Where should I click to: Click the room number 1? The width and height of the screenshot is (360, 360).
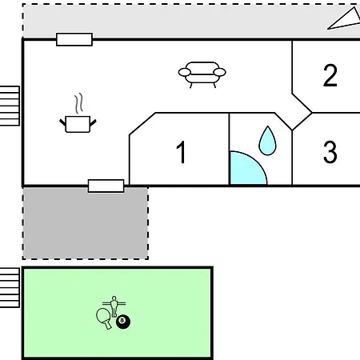click(182, 152)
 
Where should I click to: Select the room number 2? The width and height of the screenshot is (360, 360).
click(330, 75)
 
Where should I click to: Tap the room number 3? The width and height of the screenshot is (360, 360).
click(330, 152)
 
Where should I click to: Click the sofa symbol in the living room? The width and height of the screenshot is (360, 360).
click(202, 74)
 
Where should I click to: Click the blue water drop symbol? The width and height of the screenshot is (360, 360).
click(267, 141)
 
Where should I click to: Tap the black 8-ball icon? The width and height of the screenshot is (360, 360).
click(123, 322)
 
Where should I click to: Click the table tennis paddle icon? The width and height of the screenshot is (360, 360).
click(103, 318)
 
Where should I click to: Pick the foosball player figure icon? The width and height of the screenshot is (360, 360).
click(114, 306)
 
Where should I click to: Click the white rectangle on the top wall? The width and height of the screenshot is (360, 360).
click(74, 39)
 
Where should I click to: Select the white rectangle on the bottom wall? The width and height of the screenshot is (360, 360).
click(106, 186)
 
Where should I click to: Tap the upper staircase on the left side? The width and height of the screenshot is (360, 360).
click(10, 106)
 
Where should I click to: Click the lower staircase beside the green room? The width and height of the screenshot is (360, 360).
click(10, 288)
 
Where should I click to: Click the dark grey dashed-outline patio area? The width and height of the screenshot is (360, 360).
click(86, 223)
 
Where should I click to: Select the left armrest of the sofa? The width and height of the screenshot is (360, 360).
click(185, 72)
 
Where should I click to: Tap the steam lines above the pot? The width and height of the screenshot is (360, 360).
click(78, 103)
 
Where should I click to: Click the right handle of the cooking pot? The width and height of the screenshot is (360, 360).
click(93, 123)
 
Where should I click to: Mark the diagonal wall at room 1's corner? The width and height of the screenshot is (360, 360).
click(142, 124)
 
